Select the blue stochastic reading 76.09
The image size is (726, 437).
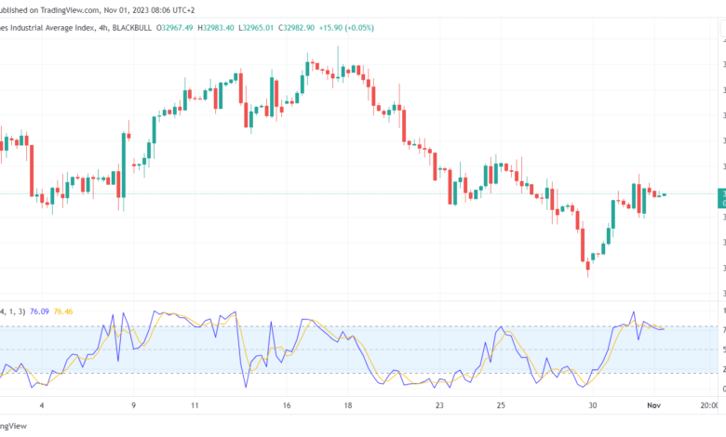(x=41, y=311)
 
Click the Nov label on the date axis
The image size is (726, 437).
(x=653, y=405)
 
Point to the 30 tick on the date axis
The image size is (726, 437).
(x=592, y=405)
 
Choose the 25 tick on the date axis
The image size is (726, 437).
(x=500, y=405)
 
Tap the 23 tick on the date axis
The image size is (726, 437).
(x=438, y=405)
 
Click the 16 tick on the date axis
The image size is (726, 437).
(x=286, y=405)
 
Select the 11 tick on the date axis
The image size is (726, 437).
(x=195, y=405)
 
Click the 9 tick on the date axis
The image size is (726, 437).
(x=133, y=405)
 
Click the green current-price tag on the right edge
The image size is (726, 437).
(x=721, y=197)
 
